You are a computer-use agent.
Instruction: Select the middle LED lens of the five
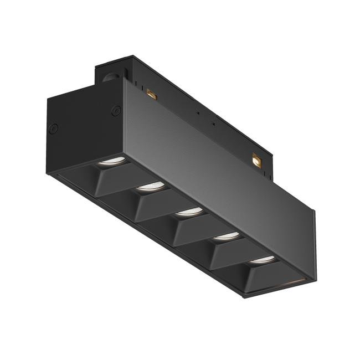click(x=190, y=211)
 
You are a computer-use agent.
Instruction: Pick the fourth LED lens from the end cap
click(x=225, y=235)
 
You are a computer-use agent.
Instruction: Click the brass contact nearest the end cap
click(x=151, y=95)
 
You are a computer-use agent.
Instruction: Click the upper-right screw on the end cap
click(x=116, y=110)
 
